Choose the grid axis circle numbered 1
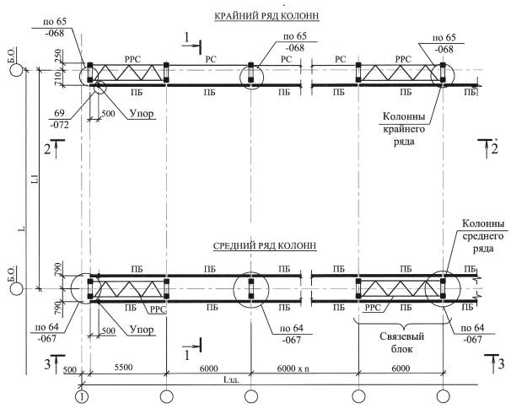(x=81, y=395)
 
